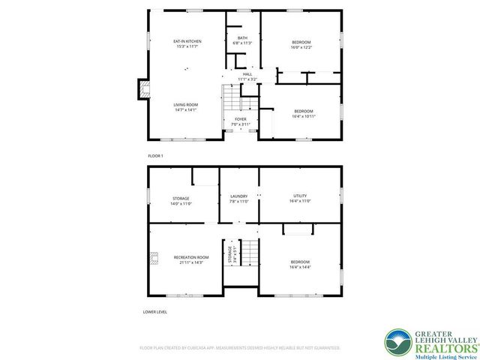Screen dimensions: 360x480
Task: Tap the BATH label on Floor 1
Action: (242, 38)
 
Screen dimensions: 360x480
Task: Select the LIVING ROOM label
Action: (185, 105)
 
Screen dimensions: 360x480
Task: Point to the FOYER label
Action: (240, 119)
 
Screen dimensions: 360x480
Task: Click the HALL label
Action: (247, 74)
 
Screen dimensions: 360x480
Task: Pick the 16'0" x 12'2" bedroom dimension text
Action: (301, 47)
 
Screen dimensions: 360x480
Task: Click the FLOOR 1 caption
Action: (155, 155)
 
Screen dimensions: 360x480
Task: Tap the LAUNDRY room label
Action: (238, 196)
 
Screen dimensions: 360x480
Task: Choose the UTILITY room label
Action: (300, 196)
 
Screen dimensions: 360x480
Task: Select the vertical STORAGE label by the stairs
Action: (231, 253)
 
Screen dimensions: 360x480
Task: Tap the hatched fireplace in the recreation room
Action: (154, 259)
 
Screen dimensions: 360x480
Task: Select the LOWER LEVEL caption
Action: (155, 310)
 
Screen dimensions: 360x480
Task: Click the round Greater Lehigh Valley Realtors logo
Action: (398, 342)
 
